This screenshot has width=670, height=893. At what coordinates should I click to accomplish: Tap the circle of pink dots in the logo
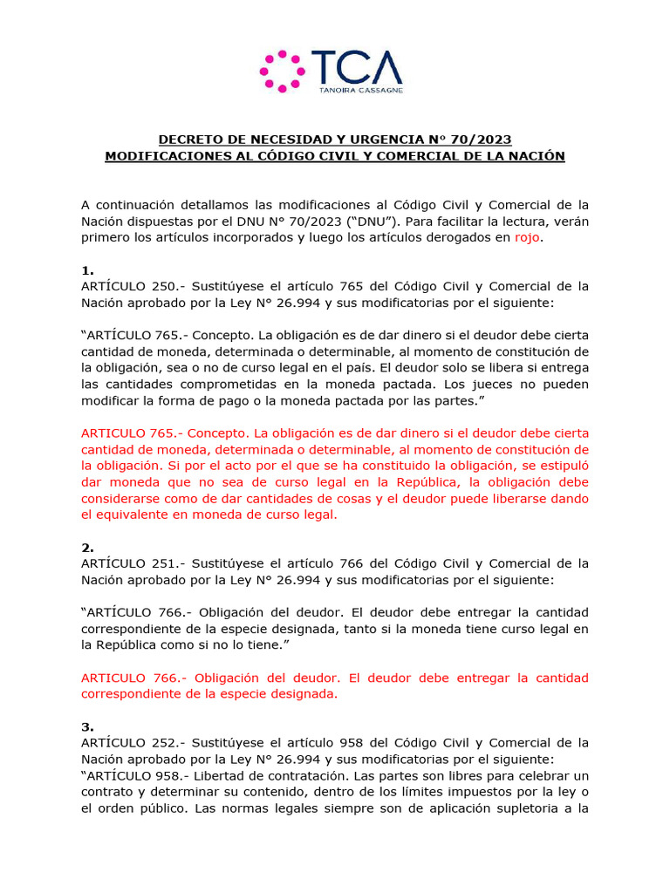283,71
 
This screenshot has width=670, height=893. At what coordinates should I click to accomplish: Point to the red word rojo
527,237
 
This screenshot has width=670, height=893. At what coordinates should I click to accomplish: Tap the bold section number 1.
87,270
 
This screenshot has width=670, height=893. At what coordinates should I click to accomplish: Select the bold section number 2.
87,548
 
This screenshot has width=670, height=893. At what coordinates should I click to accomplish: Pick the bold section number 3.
87,726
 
